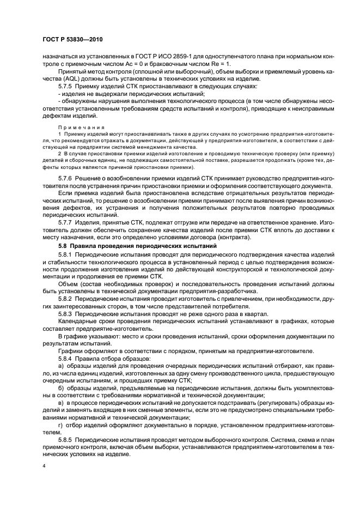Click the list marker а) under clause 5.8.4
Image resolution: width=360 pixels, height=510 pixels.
point(60,366)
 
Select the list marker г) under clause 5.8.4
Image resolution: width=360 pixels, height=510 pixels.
point(60,422)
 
